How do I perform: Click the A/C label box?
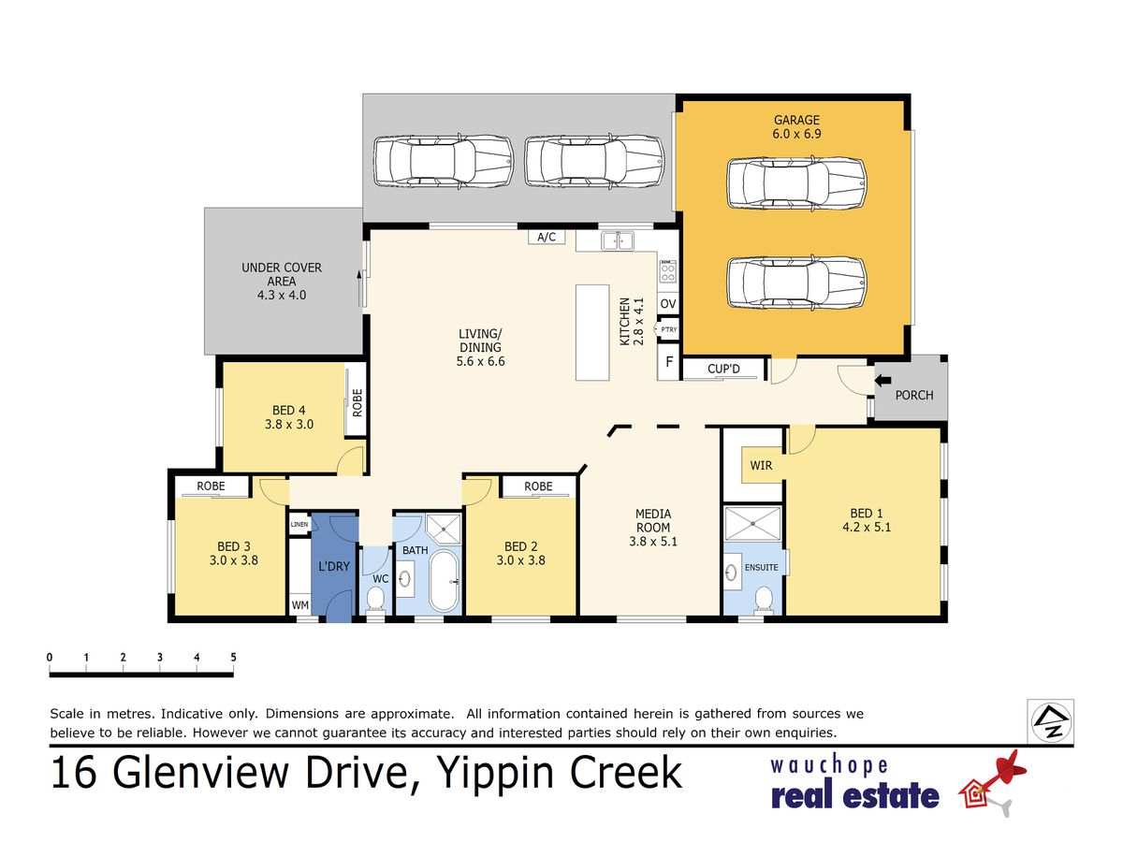point(547,237)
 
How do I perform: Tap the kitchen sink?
point(618,240)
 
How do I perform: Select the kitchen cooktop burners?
point(667,271)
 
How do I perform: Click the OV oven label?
point(668,304)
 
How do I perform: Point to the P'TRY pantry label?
point(669,329)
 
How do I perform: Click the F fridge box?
point(669,362)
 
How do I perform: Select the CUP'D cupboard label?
point(723,369)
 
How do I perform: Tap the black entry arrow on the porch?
point(883,381)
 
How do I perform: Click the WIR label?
point(761,465)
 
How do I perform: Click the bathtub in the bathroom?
point(445,581)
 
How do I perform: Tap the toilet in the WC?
point(376,599)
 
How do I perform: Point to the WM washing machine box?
point(300,604)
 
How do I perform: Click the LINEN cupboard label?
point(299,524)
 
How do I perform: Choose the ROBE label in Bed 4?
point(357,403)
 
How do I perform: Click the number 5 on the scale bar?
point(233,657)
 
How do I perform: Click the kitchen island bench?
point(592,332)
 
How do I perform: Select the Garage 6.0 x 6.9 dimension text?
point(796,134)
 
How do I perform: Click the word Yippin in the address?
point(495,774)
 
